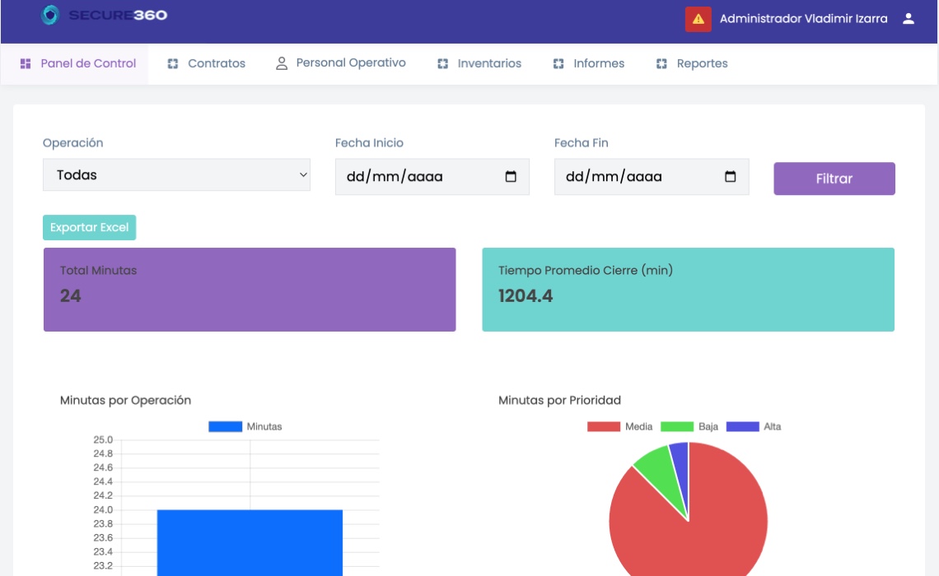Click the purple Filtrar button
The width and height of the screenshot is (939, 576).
pyautogui.click(x=834, y=179)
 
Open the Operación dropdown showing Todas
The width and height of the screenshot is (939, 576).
pyautogui.click(x=176, y=174)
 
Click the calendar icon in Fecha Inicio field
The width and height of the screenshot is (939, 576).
pyautogui.click(x=510, y=176)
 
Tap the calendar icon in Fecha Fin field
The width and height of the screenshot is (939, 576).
pyautogui.click(x=730, y=176)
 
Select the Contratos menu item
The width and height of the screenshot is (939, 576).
pyautogui.click(x=206, y=63)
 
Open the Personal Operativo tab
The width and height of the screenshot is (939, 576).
pyautogui.click(x=340, y=63)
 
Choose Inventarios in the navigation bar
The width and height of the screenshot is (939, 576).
pyautogui.click(x=479, y=63)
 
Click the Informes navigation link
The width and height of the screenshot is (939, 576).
pyautogui.click(x=588, y=63)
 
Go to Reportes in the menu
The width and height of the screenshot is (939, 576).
pyautogui.click(x=692, y=63)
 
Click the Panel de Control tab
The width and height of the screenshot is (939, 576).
pyautogui.click(x=78, y=63)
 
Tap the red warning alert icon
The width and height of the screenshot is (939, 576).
pyautogui.click(x=698, y=19)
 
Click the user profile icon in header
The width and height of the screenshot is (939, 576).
pyautogui.click(x=909, y=19)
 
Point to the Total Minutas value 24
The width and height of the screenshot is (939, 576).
pyautogui.click(x=70, y=295)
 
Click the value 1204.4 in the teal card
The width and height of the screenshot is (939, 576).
pyautogui.click(x=526, y=295)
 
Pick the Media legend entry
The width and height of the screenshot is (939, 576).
pyautogui.click(x=619, y=426)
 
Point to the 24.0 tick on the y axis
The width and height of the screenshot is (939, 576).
pyautogui.click(x=103, y=509)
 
